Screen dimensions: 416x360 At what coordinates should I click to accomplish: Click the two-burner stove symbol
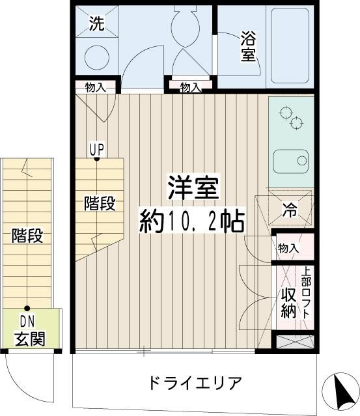click(291, 117)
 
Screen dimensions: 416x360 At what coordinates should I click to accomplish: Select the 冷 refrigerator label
click(289, 209)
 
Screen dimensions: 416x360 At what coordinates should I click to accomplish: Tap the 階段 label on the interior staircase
click(100, 203)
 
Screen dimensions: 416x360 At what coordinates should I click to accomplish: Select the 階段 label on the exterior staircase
click(27, 236)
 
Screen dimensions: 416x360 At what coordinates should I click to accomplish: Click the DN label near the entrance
click(27, 322)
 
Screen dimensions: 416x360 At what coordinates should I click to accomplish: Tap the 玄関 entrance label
click(30, 339)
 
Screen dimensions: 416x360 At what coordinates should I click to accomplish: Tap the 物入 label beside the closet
click(288, 248)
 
